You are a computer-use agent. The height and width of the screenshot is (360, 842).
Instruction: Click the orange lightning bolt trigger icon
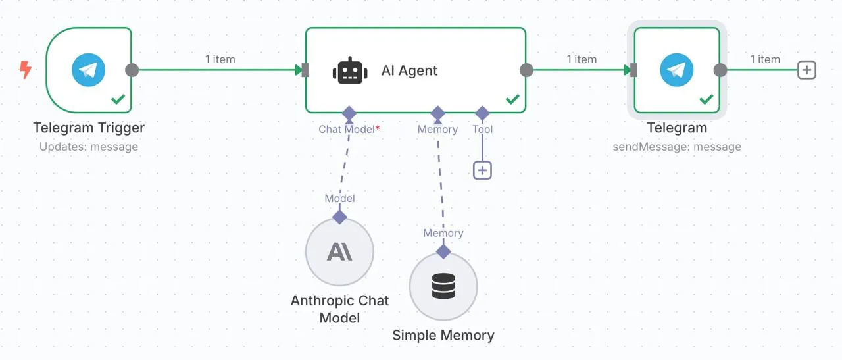pos(26,70)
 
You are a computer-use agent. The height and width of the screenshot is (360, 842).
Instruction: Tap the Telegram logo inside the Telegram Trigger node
pos(88,70)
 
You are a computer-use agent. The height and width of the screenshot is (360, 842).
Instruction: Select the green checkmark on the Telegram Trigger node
pos(118,99)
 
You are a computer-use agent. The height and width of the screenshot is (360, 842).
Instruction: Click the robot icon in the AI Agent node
pos(350,70)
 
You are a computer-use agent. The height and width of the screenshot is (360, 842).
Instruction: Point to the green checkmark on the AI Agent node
pos(512,99)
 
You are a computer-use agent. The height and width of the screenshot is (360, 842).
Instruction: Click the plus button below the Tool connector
pos(482,170)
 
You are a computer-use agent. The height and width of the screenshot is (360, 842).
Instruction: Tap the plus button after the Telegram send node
pos(806,70)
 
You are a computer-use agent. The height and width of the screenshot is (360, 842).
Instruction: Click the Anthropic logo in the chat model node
pos(339,251)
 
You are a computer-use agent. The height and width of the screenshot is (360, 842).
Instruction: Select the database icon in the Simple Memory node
pos(443,286)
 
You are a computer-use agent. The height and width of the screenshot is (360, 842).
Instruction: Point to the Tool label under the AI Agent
pos(483,130)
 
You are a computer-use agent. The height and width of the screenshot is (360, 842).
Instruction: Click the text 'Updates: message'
pos(89,147)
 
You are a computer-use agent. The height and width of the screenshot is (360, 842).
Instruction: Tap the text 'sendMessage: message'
pos(677,147)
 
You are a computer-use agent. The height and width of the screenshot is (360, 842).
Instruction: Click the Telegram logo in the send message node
pos(677,70)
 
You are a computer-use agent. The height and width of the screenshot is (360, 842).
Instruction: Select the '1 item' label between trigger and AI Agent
pos(220,59)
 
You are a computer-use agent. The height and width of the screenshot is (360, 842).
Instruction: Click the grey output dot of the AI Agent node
pos(526,70)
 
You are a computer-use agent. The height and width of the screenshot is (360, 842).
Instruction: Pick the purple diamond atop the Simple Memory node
pos(443,251)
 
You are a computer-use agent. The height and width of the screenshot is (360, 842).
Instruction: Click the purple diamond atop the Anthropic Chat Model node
pos(340,217)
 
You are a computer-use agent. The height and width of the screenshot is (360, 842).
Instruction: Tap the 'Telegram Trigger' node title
pos(89,128)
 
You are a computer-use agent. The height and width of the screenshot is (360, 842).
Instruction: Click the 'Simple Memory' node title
pos(443,335)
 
